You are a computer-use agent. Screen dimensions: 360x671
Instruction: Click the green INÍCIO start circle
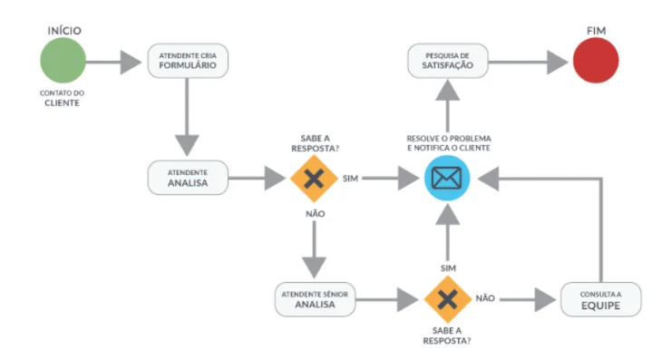tap(63, 63)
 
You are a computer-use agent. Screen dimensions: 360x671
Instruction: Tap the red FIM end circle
tap(596, 63)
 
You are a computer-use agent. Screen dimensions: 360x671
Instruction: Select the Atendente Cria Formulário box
tap(188, 63)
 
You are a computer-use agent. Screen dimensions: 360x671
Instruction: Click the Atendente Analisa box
tap(188, 177)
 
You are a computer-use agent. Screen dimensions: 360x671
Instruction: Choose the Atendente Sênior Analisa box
tap(315, 299)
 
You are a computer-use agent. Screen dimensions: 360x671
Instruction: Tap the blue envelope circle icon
tap(446, 178)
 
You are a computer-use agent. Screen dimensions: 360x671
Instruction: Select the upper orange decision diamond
tap(314, 178)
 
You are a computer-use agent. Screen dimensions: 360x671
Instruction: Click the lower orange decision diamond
tap(446, 299)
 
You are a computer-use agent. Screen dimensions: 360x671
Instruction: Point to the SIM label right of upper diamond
tap(351, 178)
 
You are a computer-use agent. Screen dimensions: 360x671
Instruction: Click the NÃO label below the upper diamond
tap(314, 213)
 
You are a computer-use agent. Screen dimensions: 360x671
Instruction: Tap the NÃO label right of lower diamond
tap(485, 297)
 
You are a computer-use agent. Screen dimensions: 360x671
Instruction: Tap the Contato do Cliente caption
tap(62, 98)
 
